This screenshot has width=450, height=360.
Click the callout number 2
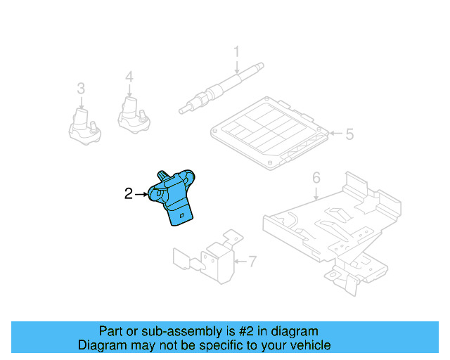click(x=128, y=193)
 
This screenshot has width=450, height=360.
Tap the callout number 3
click(x=81, y=88)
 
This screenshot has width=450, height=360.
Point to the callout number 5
click(x=349, y=133)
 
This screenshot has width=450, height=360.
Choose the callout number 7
click(x=252, y=262)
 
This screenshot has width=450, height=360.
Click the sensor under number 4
click(x=131, y=114)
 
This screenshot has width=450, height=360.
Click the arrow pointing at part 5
click(x=335, y=133)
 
